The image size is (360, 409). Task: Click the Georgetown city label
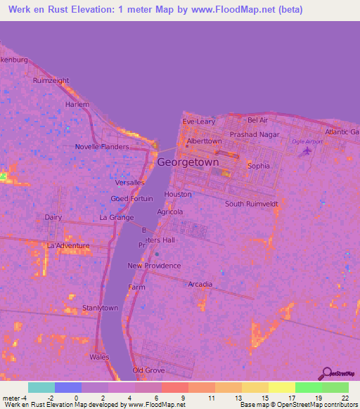188,162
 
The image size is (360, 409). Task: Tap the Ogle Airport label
307,141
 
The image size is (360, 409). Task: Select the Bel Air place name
258,121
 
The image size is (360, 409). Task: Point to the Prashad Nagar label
255,134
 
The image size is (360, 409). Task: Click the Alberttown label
205,141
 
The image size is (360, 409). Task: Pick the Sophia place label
259,167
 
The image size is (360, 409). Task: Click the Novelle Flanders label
102,147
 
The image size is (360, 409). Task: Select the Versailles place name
131,183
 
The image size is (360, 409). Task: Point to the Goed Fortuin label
131,199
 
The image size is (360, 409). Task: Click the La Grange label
116,218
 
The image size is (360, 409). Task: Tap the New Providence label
154,266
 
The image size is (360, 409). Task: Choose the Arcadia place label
200,284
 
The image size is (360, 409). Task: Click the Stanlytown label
101,308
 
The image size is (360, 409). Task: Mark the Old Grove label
148,370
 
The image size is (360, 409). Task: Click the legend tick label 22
345,398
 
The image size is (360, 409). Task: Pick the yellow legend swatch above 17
281,387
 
